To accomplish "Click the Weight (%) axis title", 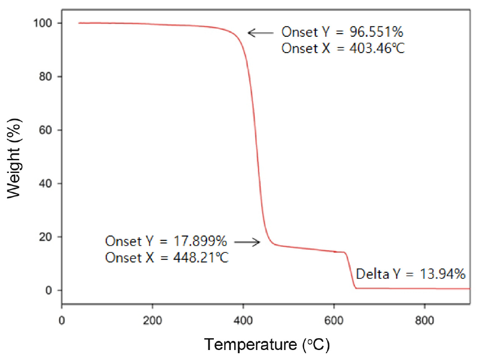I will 15,157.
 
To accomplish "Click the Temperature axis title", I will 267,345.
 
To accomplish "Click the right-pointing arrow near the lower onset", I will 247,242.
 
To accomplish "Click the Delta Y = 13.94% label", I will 411,274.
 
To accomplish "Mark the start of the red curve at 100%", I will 79,23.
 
